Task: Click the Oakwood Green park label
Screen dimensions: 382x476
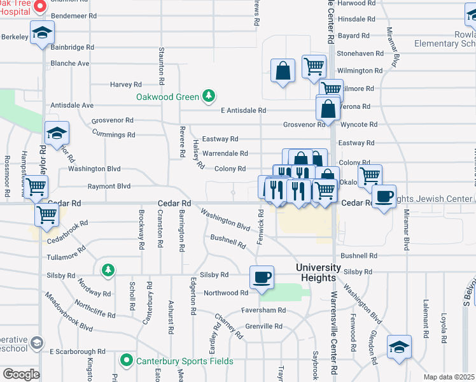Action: (168, 97)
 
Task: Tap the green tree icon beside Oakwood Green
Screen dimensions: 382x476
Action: (207, 97)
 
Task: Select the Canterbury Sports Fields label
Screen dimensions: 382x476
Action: (185, 361)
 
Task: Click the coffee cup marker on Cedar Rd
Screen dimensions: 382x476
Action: (384, 196)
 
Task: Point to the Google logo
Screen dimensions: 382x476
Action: (21, 374)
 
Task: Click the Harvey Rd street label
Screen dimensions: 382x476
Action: (125, 84)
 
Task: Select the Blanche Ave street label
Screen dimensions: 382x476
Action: (70, 64)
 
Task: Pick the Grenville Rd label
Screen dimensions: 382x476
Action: (261, 326)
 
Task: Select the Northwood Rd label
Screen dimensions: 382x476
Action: (225, 293)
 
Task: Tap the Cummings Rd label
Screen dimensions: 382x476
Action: (113, 135)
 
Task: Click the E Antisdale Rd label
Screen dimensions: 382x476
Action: (242, 111)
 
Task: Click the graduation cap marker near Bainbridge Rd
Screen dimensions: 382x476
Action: (43, 32)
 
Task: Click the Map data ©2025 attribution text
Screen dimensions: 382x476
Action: (449, 377)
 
